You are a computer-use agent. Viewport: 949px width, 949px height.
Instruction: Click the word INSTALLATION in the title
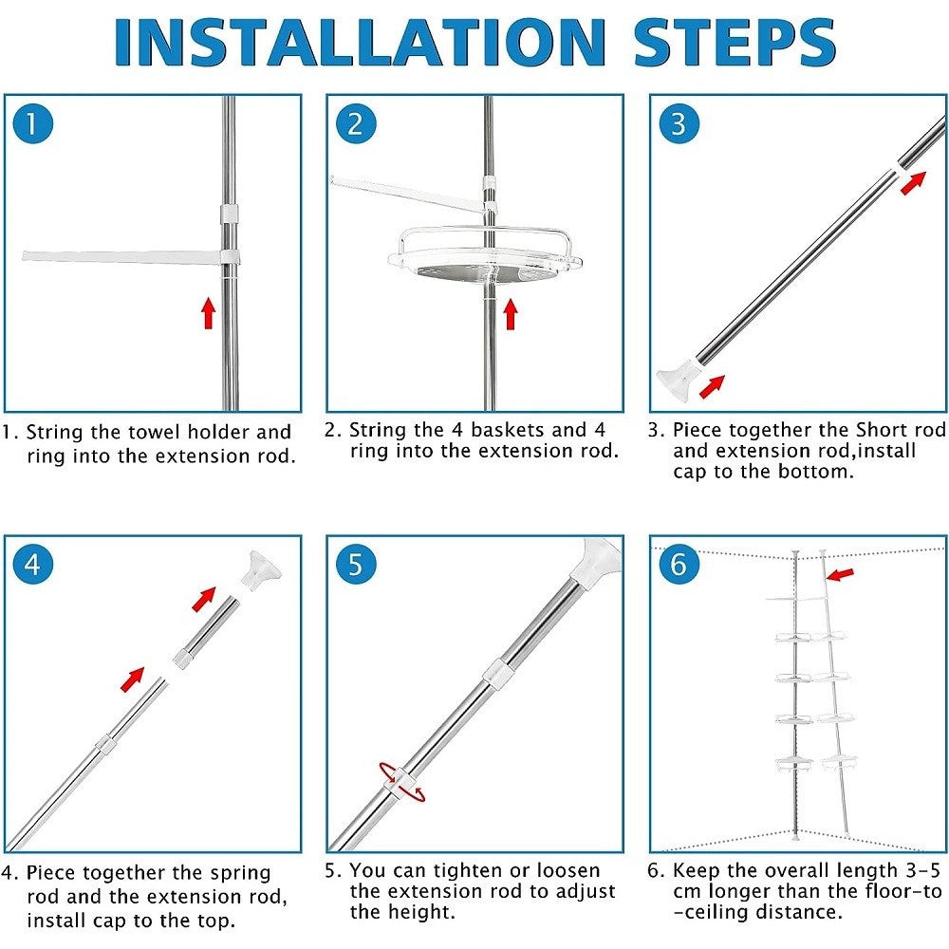pyautogui.click(x=360, y=43)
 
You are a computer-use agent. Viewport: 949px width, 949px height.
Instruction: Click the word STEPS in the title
pyautogui.click(x=735, y=43)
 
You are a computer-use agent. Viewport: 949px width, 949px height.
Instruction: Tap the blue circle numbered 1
pyautogui.click(x=33, y=124)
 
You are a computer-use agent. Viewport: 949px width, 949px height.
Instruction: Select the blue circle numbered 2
pyautogui.click(x=356, y=124)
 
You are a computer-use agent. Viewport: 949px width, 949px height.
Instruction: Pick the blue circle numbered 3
pyautogui.click(x=679, y=124)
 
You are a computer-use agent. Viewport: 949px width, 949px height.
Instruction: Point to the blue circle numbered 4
pyautogui.click(x=33, y=564)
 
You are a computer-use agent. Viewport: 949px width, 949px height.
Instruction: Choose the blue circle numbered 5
pyautogui.click(x=356, y=564)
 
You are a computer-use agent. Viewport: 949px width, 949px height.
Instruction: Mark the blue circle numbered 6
pyautogui.click(x=679, y=564)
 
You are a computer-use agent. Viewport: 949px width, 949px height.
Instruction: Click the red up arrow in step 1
pyautogui.click(x=209, y=313)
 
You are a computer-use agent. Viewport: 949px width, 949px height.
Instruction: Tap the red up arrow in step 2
pyautogui.click(x=511, y=314)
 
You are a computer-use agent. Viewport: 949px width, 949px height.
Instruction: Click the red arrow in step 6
pyautogui.click(x=840, y=574)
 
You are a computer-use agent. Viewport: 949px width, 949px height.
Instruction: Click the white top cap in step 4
pyautogui.click(x=262, y=569)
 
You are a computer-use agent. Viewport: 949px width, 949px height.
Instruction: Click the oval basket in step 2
pyautogui.click(x=485, y=256)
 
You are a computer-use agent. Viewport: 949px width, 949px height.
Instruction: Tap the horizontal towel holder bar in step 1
pyautogui.click(x=130, y=257)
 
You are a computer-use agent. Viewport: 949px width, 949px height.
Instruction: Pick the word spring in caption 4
pyautogui.click(x=240, y=874)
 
